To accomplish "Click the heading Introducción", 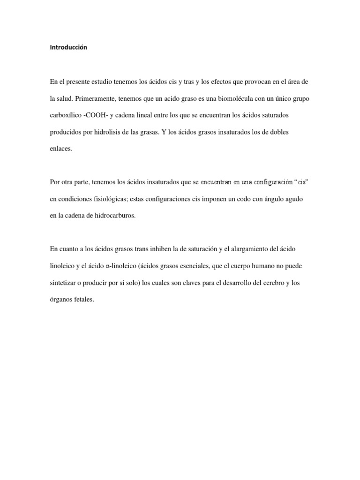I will tap(68, 47).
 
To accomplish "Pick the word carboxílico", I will tap(65, 115).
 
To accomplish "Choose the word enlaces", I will tap(61, 148).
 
